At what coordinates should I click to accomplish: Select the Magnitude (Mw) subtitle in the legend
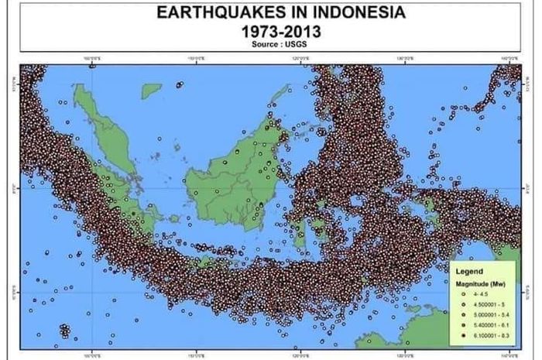(x=479, y=284)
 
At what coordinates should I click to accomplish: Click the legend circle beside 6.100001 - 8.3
(x=465, y=335)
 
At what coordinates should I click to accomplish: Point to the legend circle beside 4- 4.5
(x=465, y=294)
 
